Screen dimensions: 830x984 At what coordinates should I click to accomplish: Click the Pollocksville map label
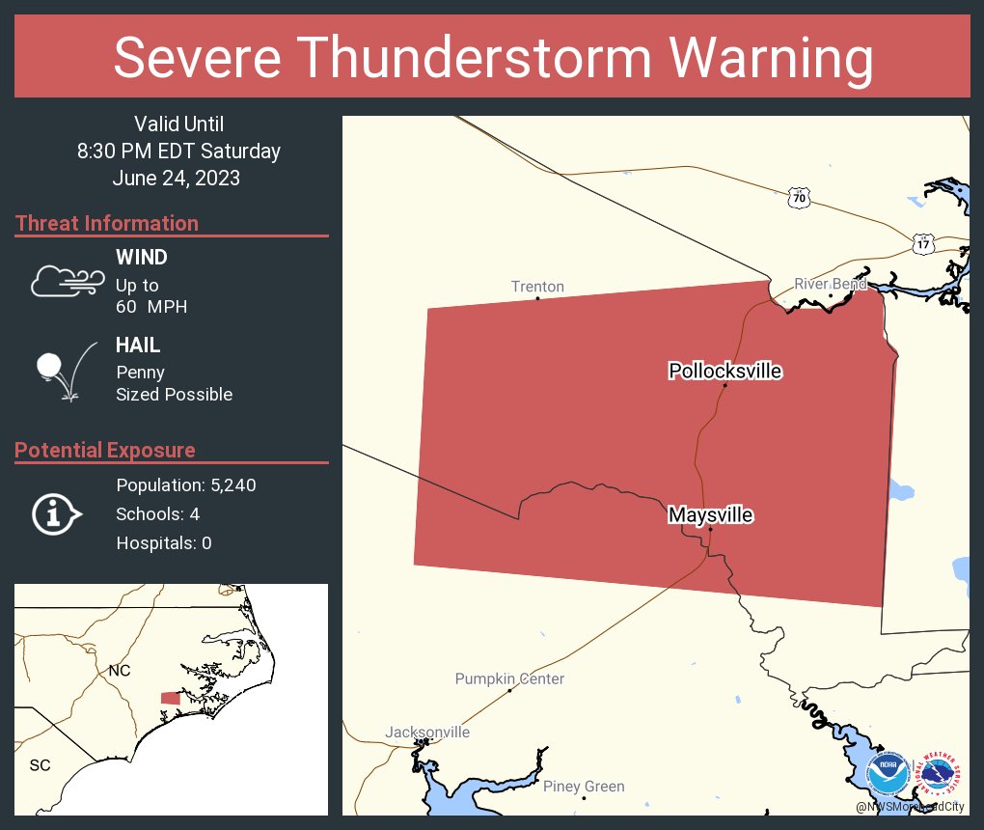[x=724, y=371]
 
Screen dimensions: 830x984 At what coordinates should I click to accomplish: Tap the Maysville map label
[x=710, y=515]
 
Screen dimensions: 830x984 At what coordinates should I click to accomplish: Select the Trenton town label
[x=537, y=287]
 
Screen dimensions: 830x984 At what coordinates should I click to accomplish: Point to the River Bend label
[x=831, y=284]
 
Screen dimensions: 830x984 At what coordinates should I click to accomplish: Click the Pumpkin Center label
[x=509, y=678]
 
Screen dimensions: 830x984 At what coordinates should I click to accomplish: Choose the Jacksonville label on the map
[x=427, y=732]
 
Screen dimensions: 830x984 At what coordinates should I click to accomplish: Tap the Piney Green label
[x=584, y=787]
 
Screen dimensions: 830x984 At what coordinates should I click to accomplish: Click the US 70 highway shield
[x=798, y=198]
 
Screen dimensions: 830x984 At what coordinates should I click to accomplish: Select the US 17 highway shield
[x=923, y=243]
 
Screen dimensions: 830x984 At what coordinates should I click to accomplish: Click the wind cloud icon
[x=65, y=281]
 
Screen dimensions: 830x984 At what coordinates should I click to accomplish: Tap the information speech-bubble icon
[x=57, y=514]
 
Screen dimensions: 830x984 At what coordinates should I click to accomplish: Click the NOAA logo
[x=887, y=774]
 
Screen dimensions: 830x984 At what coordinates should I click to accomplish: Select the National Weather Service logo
[x=940, y=774]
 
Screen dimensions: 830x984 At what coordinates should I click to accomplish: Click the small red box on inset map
[x=170, y=698]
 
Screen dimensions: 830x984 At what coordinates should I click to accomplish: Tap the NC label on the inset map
[x=119, y=670]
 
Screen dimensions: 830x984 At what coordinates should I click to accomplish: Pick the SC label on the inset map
[x=40, y=765]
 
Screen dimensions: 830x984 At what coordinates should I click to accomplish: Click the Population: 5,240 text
[x=186, y=484]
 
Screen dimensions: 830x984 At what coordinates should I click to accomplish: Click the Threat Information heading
[x=107, y=223]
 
